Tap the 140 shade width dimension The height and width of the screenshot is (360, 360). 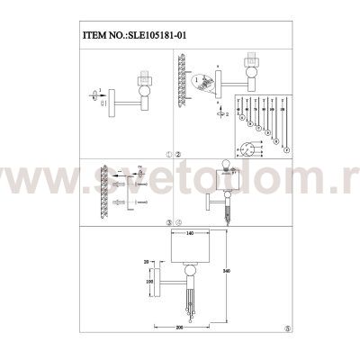188,233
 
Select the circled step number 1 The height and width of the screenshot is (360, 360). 168,154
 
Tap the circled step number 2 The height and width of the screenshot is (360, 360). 178,154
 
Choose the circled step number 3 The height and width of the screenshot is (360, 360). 168,220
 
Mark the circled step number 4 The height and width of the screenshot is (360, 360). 178,220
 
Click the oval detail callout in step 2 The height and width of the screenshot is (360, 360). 205,83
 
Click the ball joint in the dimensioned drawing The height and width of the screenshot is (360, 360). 190,274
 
